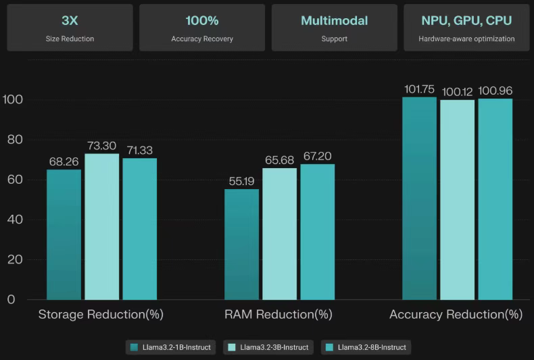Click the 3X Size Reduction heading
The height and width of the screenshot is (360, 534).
[x=70, y=20]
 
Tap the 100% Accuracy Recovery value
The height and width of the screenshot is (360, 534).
[x=202, y=20]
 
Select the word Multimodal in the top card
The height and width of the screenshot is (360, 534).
[x=334, y=20]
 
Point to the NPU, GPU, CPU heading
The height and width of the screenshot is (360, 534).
[x=466, y=20]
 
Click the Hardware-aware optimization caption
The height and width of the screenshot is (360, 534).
[x=466, y=39]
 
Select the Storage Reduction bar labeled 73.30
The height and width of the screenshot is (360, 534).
[x=101, y=227]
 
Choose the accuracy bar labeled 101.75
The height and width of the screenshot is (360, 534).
[x=419, y=199]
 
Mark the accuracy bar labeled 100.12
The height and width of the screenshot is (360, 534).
[x=457, y=200]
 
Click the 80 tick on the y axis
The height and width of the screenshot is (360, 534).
[x=15, y=140]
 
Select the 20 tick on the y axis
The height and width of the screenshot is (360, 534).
[x=15, y=260]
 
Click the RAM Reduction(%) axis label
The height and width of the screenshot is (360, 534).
[x=278, y=315]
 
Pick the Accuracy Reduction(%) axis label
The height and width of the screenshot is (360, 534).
[x=456, y=315]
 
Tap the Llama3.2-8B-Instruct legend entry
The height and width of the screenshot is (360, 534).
[x=366, y=347]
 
